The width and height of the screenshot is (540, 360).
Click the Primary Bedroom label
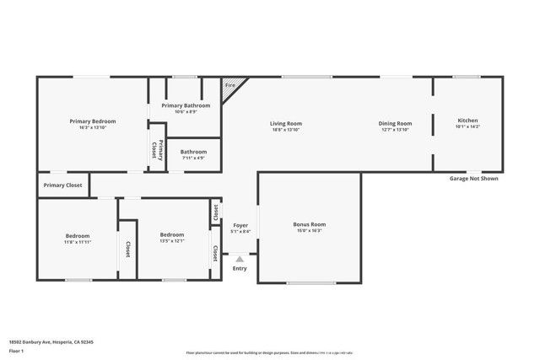pos(92,121)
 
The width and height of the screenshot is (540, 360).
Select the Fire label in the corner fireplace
pos(229,85)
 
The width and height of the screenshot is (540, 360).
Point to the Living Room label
pos(286,123)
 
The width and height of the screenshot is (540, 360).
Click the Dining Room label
pos(395,123)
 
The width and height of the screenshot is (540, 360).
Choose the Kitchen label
pos(467,121)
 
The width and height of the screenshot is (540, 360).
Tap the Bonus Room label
pos(309,224)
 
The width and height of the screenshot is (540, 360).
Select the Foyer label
pos(240,226)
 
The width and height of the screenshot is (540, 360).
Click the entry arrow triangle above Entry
pos(240,260)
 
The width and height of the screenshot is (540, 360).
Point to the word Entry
pos(240,269)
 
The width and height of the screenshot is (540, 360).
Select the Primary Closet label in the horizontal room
pos(63,185)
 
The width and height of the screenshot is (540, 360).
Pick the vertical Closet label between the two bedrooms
pos(127,249)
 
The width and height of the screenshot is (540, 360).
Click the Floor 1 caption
pos(17,350)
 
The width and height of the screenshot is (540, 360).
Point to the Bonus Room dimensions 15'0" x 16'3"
pos(309,231)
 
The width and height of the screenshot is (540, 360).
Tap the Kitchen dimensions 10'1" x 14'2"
pos(467,126)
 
